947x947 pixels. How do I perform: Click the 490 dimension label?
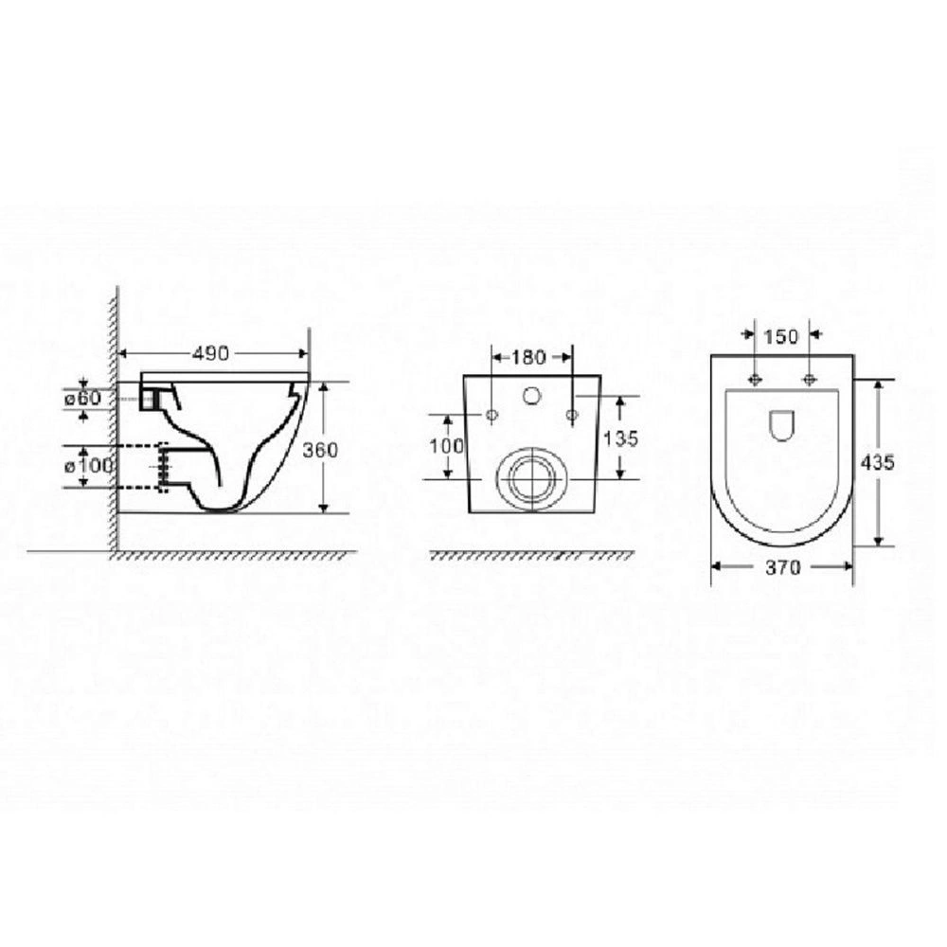pyautogui.click(x=211, y=353)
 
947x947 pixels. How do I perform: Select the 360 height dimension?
pyautogui.click(x=320, y=450)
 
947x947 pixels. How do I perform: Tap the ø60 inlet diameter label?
pyautogui.click(x=82, y=399)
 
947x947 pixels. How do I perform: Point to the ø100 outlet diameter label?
pyautogui.click(x=88, y=466)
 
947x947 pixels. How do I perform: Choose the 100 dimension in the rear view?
pyautogui.click(x=447, y=446)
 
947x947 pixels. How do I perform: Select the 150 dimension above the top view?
pyautogui.click(x=780, y=336)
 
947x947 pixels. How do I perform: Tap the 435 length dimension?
pyautogui.click(x=877, y=463)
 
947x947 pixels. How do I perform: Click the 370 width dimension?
pyautogui.click(x=783, y=567)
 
